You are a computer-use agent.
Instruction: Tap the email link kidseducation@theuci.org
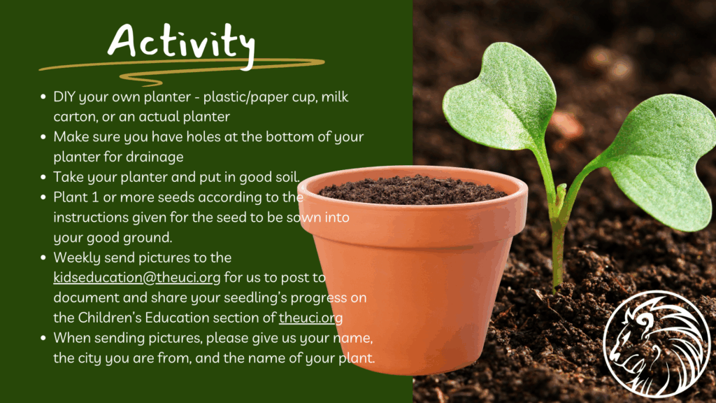coord(136,278)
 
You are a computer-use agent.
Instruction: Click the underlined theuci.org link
coord(310,318)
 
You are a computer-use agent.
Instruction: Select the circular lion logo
coord(657,344)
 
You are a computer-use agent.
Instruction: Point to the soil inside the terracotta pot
coord(413,189)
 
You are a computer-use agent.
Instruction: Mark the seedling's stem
coord(558,229)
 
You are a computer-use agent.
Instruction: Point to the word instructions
coord(91,218)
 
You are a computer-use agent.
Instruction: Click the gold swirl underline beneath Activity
coord(182,69)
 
